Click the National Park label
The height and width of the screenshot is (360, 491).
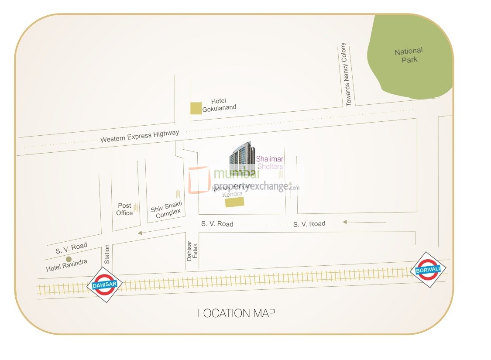409,55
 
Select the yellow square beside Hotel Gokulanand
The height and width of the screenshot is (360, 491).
196,108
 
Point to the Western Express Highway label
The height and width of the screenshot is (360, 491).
140,137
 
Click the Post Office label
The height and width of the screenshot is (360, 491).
124,209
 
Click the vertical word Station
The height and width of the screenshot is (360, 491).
107,254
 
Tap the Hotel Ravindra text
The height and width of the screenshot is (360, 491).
67,265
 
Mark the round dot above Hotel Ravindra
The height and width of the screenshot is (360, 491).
69,259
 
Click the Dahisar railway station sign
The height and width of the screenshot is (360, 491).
105,285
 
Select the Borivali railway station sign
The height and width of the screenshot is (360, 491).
428,270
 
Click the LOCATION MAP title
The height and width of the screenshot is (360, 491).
237,313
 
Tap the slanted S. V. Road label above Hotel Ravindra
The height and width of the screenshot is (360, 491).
71,248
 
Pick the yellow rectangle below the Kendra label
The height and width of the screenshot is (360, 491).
237,202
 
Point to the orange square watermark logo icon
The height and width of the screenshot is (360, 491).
199,180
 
